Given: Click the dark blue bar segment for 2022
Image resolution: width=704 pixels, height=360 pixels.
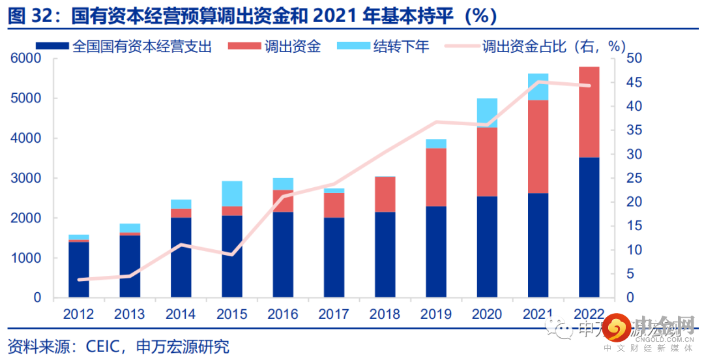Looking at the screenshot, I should (x=589, y=227).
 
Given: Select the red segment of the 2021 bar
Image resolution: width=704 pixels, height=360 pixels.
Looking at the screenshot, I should (x=538, y=146).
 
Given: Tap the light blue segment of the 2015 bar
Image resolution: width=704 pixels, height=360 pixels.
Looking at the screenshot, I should (x=231, y=194).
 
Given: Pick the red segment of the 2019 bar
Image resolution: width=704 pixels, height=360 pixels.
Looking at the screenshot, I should (x=435, y=177).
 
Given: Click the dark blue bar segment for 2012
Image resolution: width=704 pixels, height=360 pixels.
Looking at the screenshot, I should (x=79, y=269).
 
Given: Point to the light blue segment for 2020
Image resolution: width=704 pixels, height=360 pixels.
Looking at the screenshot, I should (x=487, y=113).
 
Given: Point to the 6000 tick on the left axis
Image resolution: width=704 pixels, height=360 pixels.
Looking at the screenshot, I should (x=27, y=59).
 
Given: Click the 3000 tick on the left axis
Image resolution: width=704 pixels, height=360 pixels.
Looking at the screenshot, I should (x=27, y=178).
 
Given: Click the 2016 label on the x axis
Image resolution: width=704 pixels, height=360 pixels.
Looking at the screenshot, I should (x=283, y=314).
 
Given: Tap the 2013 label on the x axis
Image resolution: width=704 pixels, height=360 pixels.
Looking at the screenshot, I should (x=130, y=314).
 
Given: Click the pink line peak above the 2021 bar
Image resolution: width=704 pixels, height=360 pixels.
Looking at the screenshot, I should (x=538, y=82).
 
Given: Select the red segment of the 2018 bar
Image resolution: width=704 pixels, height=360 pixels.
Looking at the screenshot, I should (x=385, y=194).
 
